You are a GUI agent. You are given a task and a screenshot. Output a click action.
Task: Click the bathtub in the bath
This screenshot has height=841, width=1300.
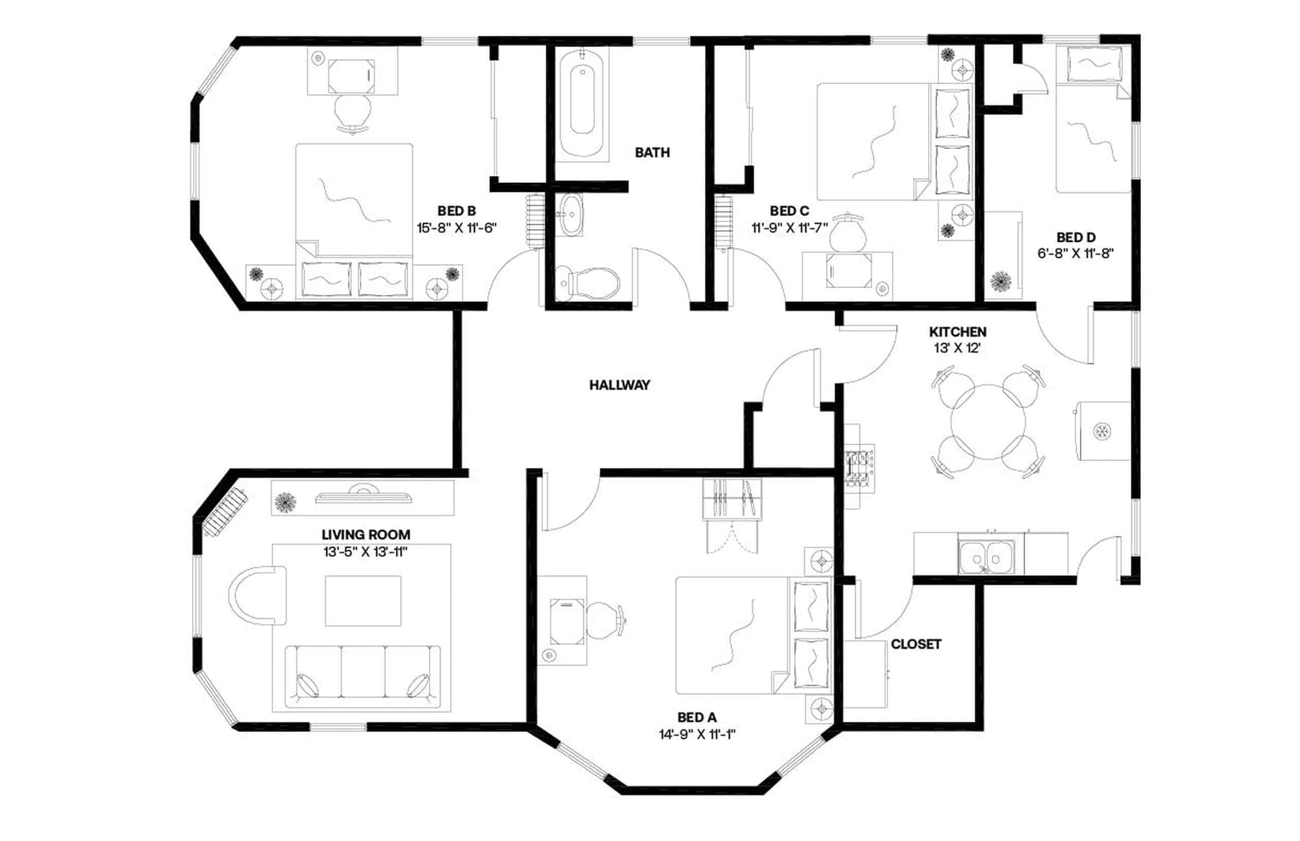pyautogui.click(x=582, y=103)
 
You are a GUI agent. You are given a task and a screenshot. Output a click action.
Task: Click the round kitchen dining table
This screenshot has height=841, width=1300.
pyautogui.click(x=988, y=422)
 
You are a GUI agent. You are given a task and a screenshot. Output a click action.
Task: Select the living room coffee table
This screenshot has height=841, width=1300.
pyautogui.click(x=363, y=601)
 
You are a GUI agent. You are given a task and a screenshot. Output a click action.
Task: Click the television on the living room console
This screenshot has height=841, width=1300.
pyautogui.click(x=363, y=495)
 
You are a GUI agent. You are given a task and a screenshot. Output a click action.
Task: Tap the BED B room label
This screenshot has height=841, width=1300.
pyautogui.click(x=457, y=211)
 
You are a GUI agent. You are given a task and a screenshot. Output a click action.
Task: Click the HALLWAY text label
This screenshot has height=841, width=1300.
pyautogui.click(x=619, y=385)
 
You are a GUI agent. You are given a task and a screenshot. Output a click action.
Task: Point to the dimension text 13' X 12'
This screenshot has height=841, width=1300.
pyautogui.click(x=957, y=348)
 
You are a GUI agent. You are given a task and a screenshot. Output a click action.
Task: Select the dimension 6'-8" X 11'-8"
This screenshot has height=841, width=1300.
pyautogui.click(x=1075, y=253)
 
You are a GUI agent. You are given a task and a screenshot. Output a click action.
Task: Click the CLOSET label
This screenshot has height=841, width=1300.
pyautogui.click(x=916, y=644)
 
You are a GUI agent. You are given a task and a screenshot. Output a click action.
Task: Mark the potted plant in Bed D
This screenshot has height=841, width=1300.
pyautogui.click(x=1000, y=281)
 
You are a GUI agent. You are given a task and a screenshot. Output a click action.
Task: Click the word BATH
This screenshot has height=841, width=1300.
pyautogui.click(x=652, y=152)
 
